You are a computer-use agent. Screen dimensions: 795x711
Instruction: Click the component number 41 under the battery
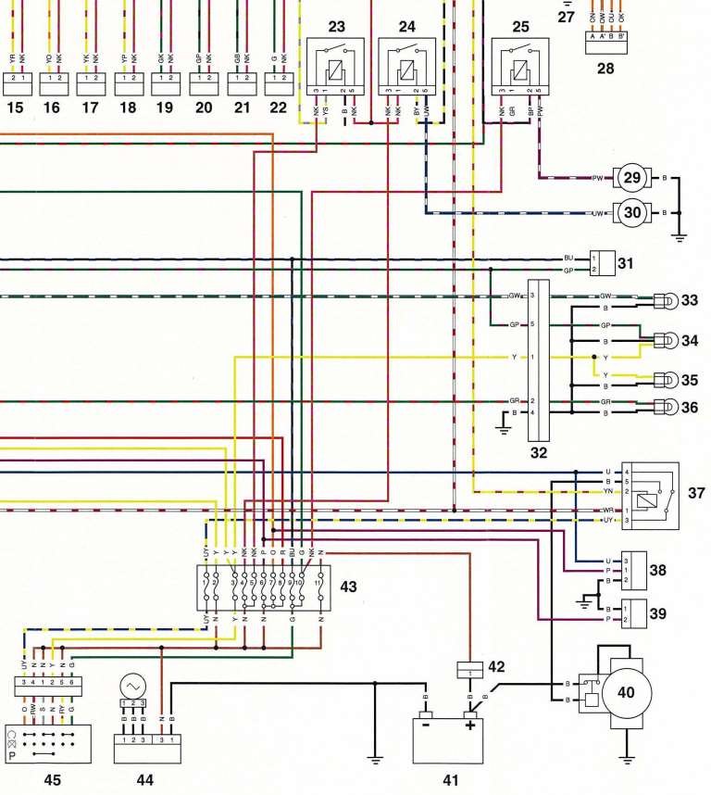pyautogui.click(x=450, y=780)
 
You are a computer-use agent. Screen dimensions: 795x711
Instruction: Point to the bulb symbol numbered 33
pyautogui.click(x=665, y=300)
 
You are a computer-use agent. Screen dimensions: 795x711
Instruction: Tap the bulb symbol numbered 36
pyautogui.click(x=665, y=406)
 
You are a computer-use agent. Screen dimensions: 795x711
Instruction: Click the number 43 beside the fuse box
pyautogui.click(x=349, y=586)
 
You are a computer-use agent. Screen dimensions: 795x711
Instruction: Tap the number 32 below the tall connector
pyautogui.click(x=538, y=453)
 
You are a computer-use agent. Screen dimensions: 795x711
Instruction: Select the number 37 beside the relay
pyautogui.click(x=696, y=493)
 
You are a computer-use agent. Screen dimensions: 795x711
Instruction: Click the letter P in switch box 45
pyautogui.click(x=13, y=754)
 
